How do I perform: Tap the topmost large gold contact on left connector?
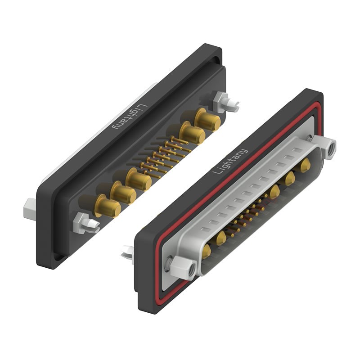pos(207,121)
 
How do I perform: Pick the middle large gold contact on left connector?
pos(139,180)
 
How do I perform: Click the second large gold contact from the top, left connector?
pos(192,134)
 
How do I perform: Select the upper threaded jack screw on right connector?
pos(327,148)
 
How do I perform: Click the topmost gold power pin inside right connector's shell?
pos(305,164)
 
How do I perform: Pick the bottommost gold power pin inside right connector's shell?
pos(206,251)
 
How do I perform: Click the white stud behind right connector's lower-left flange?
pos(127,254)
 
